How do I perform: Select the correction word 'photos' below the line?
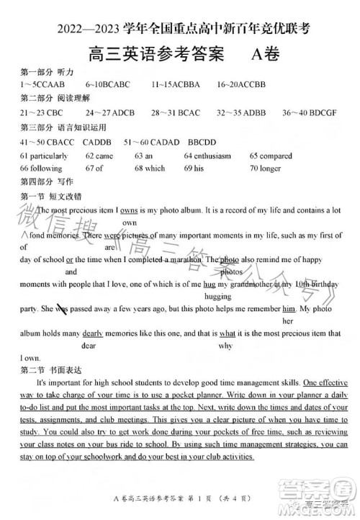point(230,272)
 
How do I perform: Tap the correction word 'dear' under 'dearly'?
point(89,345)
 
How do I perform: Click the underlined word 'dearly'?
point(92,333)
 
